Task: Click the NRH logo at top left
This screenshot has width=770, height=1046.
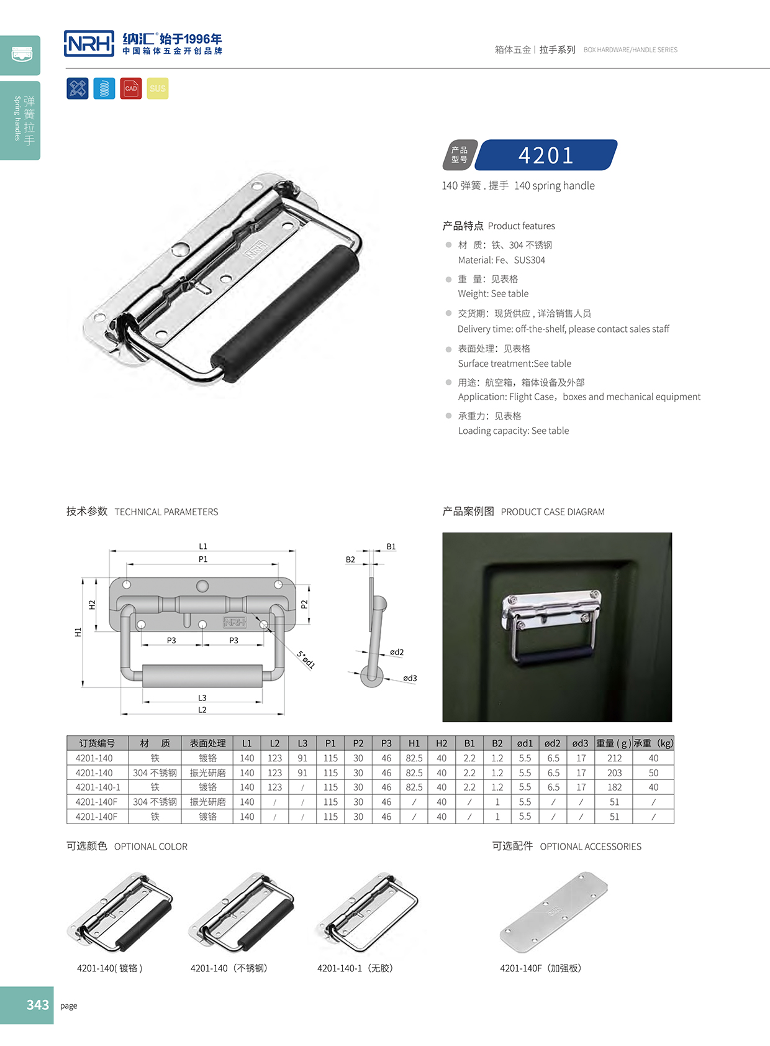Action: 89,44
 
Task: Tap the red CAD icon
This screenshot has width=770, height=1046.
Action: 131,88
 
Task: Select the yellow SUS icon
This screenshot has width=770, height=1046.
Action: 158,88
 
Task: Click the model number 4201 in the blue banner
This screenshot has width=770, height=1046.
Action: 546,155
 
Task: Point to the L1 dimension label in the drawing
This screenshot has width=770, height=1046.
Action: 203,546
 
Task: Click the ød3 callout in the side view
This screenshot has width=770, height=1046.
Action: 410,678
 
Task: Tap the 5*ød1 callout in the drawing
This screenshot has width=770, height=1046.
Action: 306,659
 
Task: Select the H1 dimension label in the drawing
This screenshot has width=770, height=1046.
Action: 78,632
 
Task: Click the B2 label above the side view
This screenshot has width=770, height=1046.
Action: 350,559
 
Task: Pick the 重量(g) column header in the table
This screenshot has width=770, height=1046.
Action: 614,743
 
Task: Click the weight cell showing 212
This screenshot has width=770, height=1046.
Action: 614,758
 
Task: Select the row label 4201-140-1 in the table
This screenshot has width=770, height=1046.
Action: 97,787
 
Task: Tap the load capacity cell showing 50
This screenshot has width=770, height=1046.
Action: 653,773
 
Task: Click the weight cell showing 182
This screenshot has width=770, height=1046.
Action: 614,787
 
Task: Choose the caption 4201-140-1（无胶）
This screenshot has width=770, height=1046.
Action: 355,968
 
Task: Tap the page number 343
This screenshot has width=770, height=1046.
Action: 38,1005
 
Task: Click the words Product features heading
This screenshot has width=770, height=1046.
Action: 521,226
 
